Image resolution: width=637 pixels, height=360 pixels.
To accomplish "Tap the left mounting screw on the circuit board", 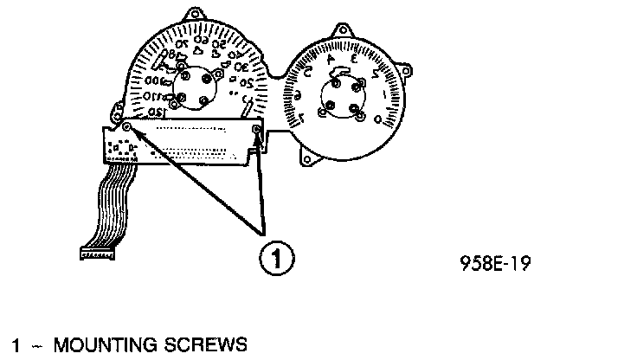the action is (x=127, y=128).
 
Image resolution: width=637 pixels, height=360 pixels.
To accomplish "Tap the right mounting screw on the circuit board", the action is (x=257, y=130).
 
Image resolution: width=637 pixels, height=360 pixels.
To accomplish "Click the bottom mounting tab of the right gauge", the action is (x=309, y=159).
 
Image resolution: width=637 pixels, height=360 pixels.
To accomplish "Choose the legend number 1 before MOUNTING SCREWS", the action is (x=15, y=345).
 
